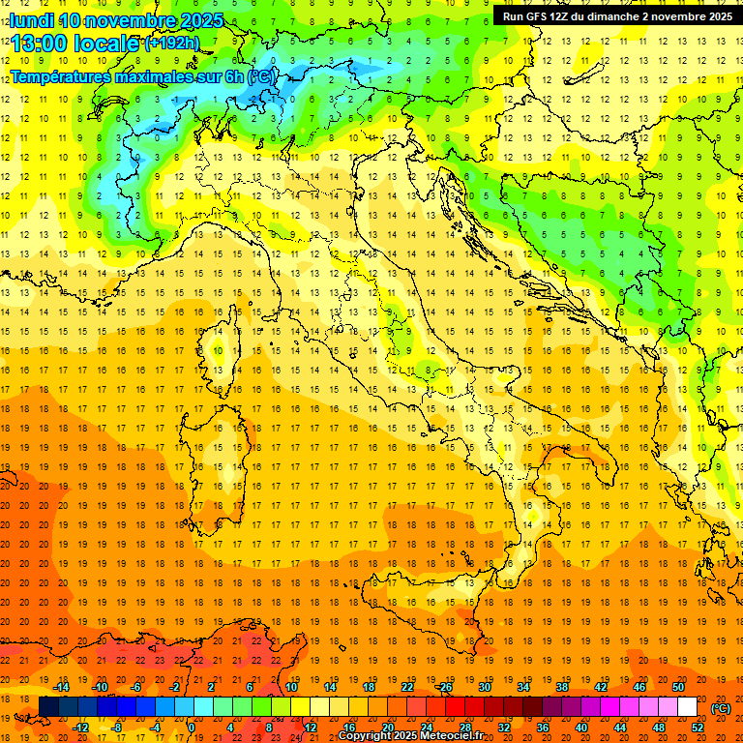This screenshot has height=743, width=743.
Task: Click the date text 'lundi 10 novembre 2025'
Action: pos(117,20)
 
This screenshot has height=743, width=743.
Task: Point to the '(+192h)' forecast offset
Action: pos(172,44)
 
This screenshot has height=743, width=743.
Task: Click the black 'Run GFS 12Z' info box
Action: pos(616,16)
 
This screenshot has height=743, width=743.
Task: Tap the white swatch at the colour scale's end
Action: pos(688,707)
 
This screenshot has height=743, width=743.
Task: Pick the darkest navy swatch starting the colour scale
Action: pos(48,707)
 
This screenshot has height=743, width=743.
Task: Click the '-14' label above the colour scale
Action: pos(62,687)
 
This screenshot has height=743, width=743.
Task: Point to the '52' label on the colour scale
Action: pos(698,727)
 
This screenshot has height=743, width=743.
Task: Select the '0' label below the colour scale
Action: pos(192,727)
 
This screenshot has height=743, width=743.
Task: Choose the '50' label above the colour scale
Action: pos(678,687)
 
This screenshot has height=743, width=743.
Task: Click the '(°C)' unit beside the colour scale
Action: pos(721,708)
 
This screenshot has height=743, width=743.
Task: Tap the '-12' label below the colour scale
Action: pos(80,727)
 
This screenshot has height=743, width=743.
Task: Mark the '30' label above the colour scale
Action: pos(484,687)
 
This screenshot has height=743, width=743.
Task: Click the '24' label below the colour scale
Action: pos(426,727)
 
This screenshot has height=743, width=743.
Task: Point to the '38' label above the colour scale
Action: pos(562,687)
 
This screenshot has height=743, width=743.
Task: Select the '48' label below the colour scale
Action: pos(659,727)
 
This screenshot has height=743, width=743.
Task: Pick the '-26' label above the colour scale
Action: pos(444,687)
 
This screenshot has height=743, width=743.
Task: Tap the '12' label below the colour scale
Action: pos(310,727)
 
